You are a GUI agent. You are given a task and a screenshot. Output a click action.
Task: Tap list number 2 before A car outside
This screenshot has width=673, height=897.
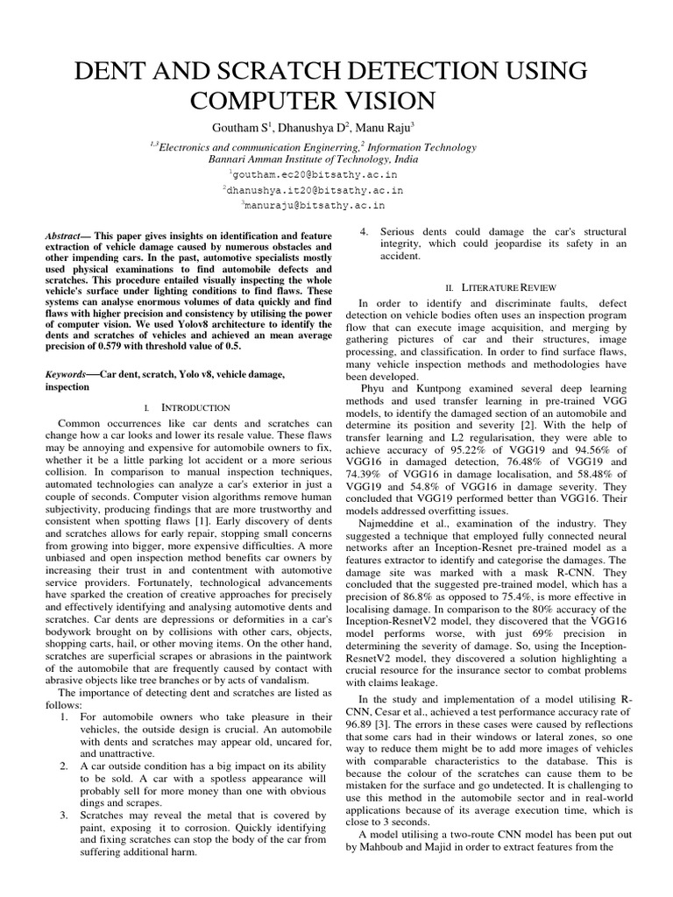(64, 766)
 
